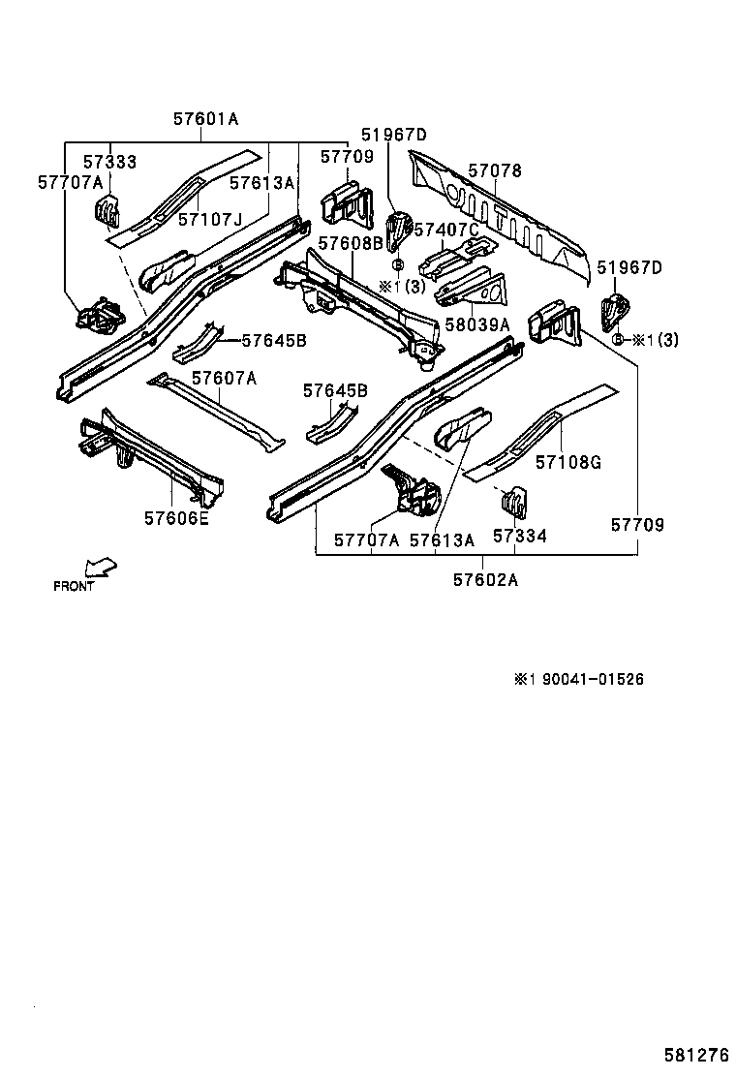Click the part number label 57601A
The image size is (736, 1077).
205,120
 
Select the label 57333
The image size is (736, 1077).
108,162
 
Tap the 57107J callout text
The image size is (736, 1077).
210,220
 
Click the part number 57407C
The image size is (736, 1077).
446,230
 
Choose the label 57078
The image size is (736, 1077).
495,171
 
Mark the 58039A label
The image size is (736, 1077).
477,325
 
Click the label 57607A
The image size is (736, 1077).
224,378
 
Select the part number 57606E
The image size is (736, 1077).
176,518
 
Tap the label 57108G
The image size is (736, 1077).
568,462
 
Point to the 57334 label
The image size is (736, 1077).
519,536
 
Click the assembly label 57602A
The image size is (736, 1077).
485,580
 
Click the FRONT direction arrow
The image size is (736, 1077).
100,567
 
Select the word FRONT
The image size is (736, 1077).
74,586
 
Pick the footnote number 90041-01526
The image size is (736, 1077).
592,679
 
